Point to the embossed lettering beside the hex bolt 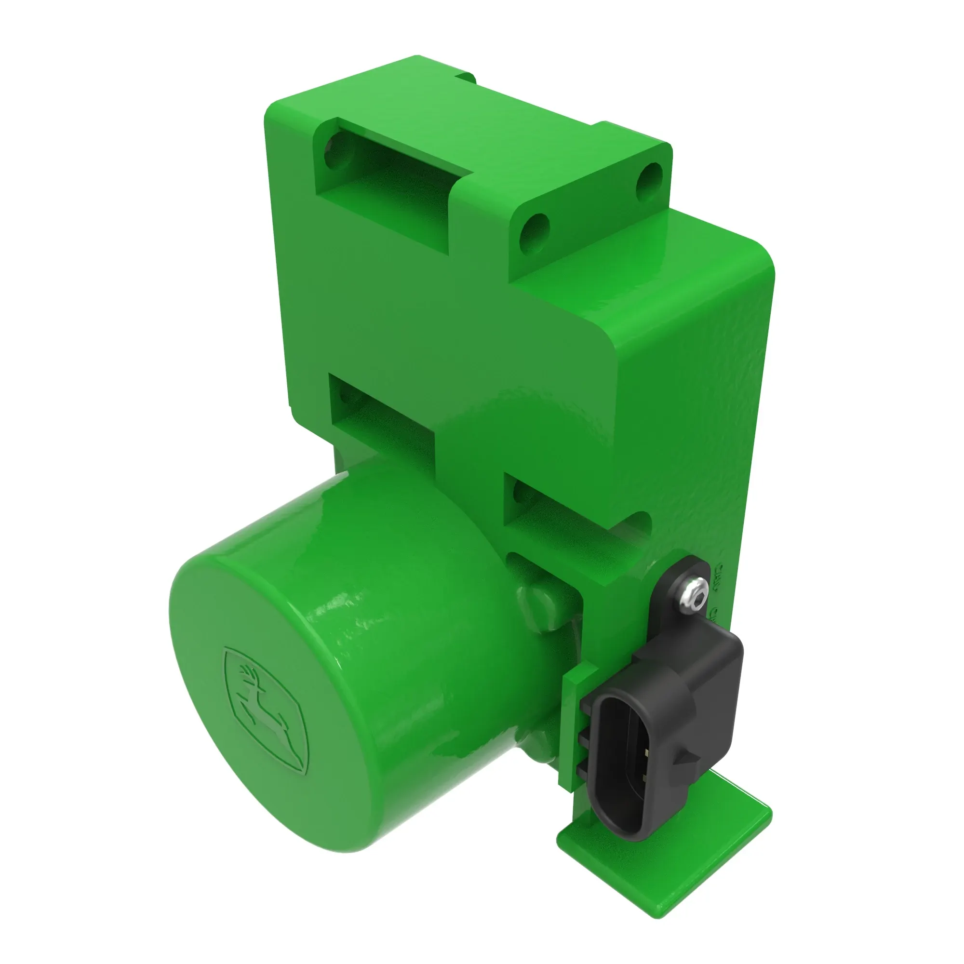point(718,589)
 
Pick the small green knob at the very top point(467,78)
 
